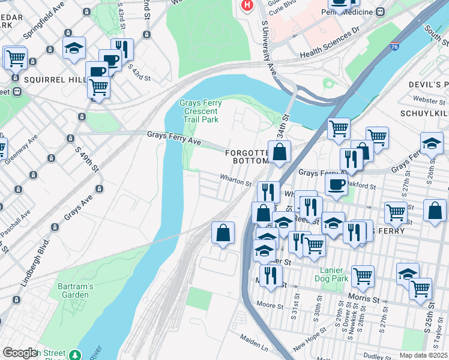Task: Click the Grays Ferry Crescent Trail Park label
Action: coord(200,112)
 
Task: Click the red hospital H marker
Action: coord(246,5)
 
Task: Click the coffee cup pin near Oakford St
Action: coord(336,184)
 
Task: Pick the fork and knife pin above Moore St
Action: coord(271,276)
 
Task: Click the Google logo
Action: coord(19,353)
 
